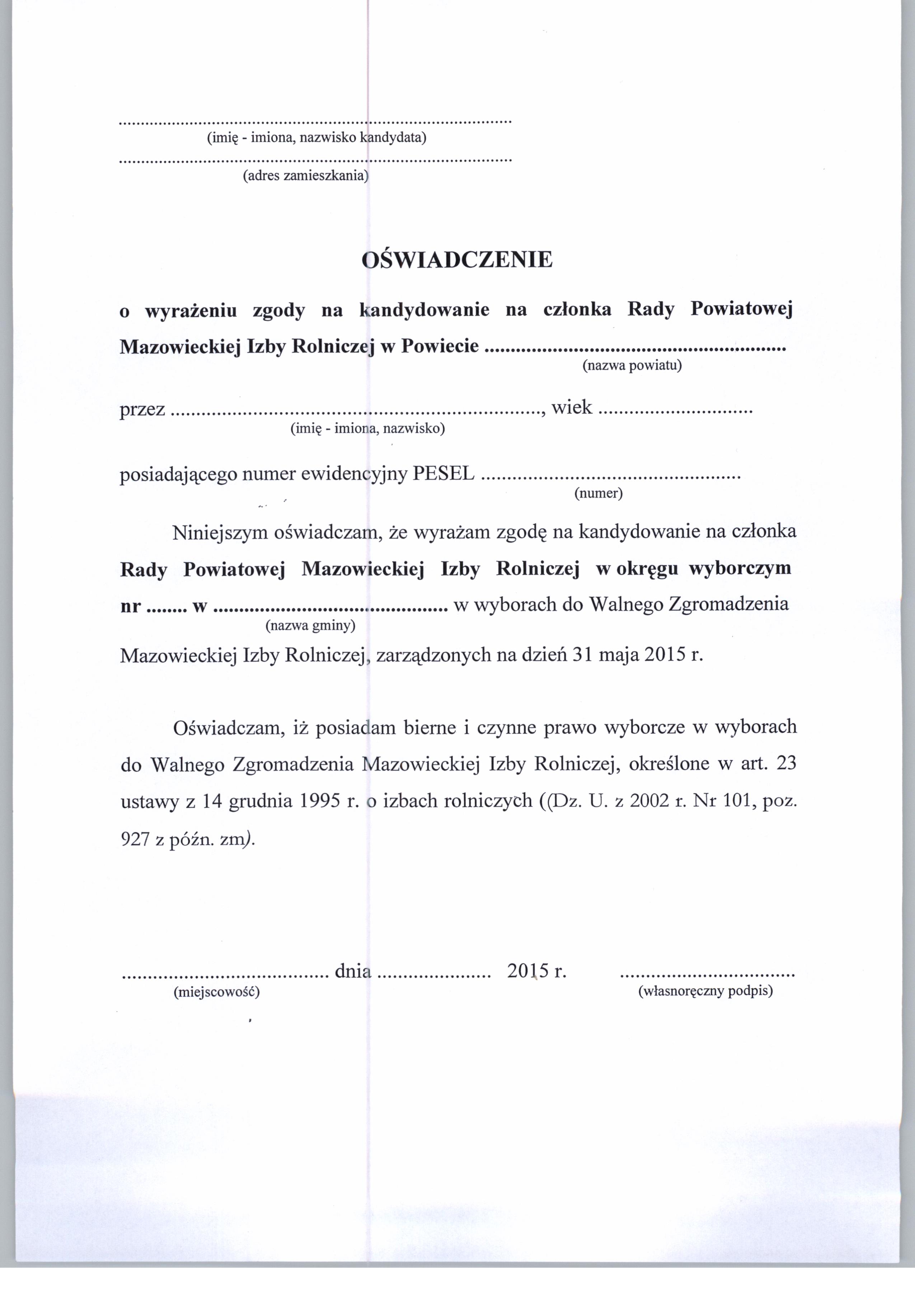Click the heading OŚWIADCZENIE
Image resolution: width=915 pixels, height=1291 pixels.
(457, 260)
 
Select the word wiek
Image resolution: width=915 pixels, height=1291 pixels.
(572, 407)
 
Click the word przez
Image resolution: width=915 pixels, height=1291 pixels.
(142, 409)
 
